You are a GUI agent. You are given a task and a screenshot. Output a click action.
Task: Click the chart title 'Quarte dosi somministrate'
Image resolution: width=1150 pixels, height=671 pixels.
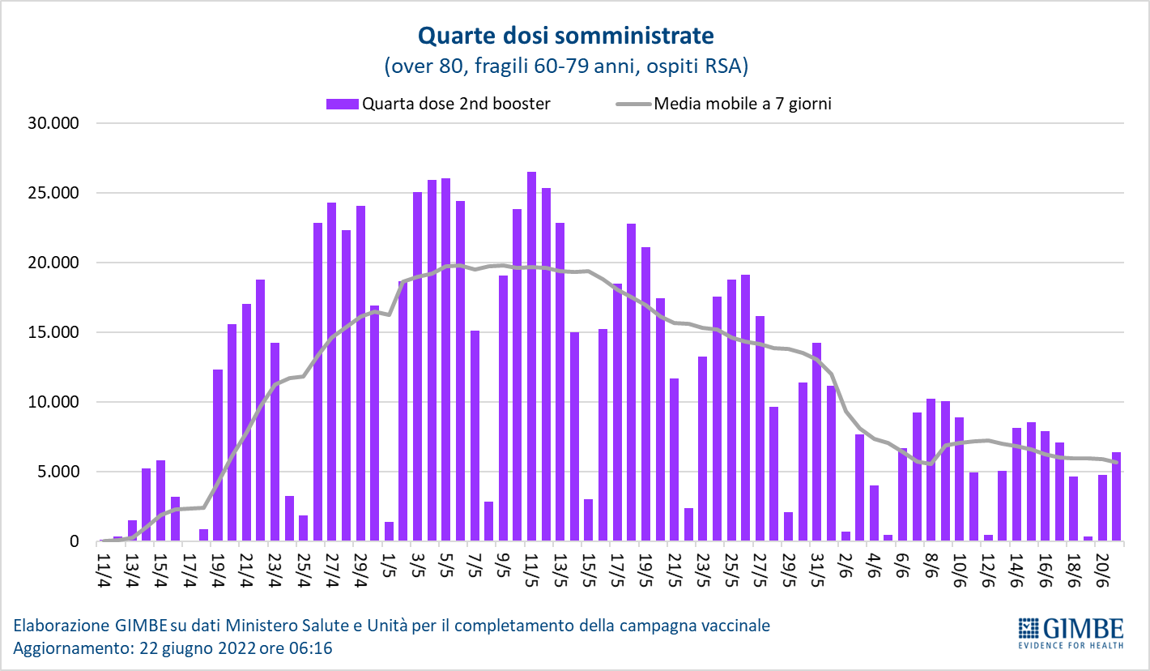click(565, 36)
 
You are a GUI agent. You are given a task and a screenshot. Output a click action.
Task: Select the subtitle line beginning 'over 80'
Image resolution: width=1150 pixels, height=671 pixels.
click(565, 66)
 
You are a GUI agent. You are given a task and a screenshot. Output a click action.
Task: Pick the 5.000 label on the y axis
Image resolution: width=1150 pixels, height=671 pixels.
click(57, 472)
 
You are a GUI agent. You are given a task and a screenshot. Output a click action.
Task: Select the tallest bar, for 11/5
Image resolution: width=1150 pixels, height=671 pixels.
click(531, 357)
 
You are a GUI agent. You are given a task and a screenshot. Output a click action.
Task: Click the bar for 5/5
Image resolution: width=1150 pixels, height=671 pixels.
click(445, 360)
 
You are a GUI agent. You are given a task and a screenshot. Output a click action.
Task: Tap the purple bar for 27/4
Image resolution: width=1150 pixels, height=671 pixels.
click(331, 372)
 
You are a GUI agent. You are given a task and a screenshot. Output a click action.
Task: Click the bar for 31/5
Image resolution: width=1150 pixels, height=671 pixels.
click(816, 442)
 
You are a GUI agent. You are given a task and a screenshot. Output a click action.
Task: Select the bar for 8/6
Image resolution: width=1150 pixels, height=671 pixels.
click(931, 470)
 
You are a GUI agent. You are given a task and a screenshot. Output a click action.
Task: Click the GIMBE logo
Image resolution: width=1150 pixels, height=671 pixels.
click(1070, 633)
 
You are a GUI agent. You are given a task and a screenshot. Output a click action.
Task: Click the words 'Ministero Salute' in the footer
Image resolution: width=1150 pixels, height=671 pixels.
click(279, 626)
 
